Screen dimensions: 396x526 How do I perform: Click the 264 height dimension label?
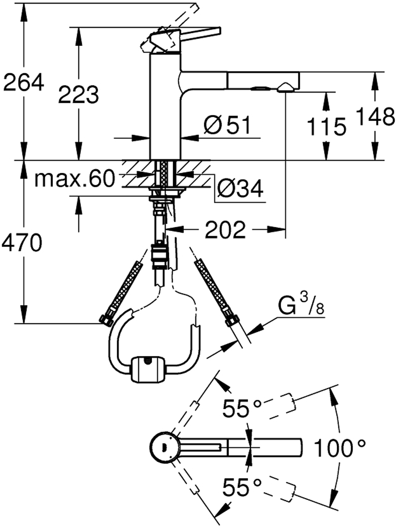[x=23, y=82]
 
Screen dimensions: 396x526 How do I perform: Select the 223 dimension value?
[x=78, y=94]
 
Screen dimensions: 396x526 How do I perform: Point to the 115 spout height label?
[x=327, y=126]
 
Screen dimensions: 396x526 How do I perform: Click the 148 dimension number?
[x=375, y=116]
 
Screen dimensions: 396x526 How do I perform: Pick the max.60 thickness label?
[x=75, y=179]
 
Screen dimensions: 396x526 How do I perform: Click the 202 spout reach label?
[x=225, y=229]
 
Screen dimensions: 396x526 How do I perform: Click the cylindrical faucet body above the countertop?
[x=165, y=106]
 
